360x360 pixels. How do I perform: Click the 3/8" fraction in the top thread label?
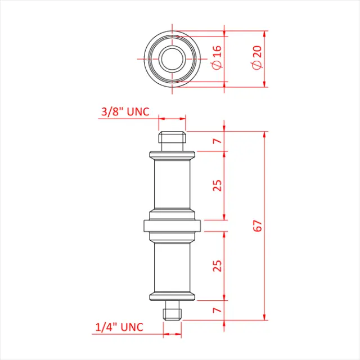point(112,111)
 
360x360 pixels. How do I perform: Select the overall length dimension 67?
point(258,226)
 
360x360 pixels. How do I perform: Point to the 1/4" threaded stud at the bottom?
point(172,311)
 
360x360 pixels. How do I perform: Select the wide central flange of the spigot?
point(172,226)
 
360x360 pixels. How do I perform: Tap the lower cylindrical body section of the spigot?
point(172,267)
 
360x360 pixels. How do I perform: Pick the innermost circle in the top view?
point(172,57)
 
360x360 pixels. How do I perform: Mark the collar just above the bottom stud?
point(172,296)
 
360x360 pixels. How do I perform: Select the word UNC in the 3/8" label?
point(138,111)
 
